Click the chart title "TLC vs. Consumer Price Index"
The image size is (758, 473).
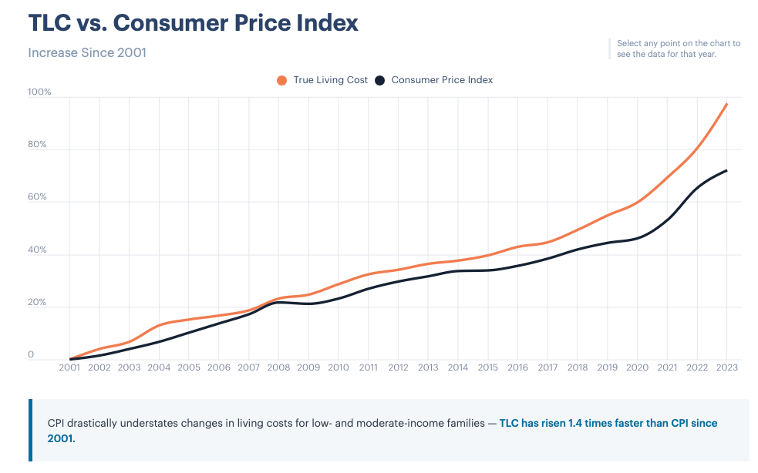pos(193,23)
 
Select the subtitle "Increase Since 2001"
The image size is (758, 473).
pos(87,53)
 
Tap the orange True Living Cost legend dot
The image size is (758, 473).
pos(281,80)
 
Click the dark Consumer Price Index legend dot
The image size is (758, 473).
pos(379,80)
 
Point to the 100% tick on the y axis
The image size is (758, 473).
pos(39,92)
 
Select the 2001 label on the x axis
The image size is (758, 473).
pos(70,367)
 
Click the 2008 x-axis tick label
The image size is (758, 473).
pos(278,367)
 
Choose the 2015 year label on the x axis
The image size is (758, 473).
pos(487,367)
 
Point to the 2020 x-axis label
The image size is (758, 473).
pos(637,367)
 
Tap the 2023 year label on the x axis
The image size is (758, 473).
pos(726,367)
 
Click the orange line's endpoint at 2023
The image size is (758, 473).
pos(726,104)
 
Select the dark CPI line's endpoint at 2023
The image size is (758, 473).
pos(726,170)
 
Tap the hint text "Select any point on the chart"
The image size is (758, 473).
pos(679,44)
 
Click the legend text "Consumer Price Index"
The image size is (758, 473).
pos(442,80)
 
